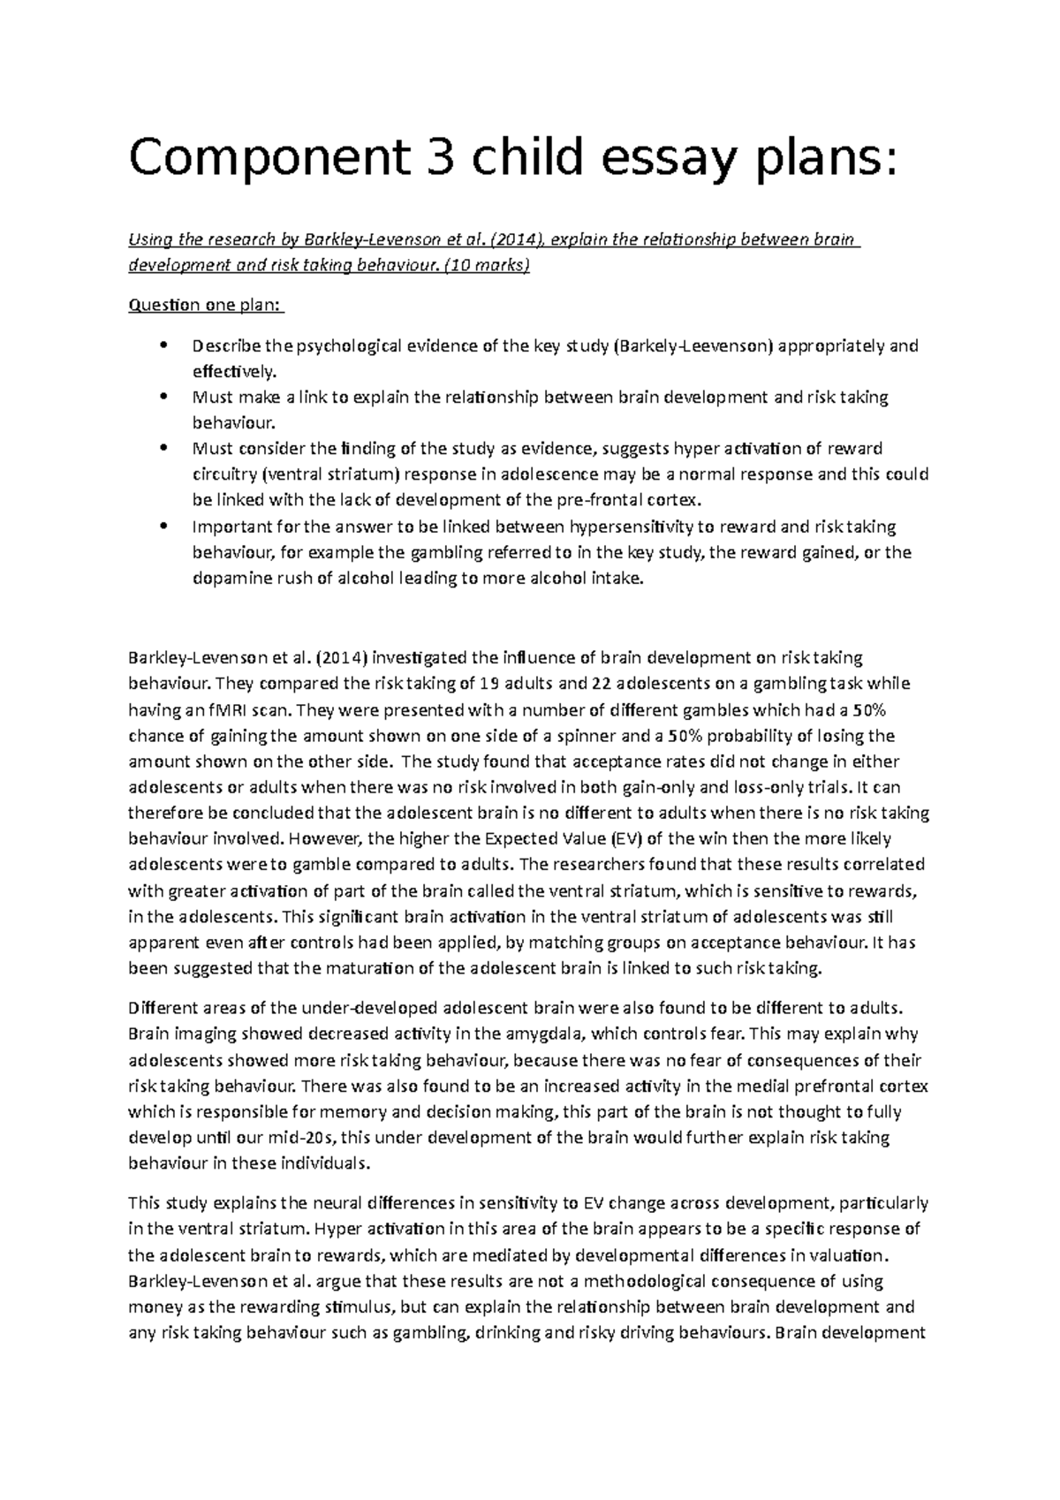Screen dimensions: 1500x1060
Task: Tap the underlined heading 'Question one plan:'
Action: click(x=207, y=306)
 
